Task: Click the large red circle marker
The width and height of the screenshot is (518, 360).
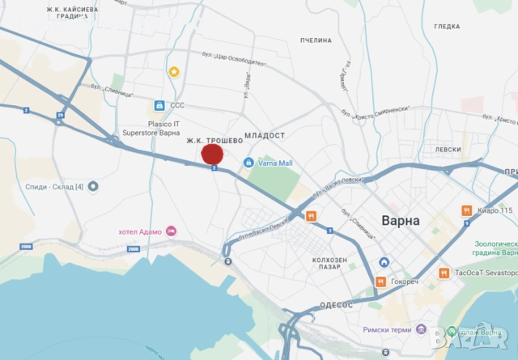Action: coord(212,155)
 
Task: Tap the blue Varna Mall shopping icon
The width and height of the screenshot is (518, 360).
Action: coord(249,163)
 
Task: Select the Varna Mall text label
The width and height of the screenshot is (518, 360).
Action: coord(275,163)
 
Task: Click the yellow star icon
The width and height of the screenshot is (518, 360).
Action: coord(173,71)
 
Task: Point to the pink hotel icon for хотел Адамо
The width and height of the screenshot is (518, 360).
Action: coord(172,231)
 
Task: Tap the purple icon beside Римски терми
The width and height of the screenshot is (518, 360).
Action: coord(421,329)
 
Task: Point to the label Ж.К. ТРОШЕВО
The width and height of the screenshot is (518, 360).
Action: coord(214,140)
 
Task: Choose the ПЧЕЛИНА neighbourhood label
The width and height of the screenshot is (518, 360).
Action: coord(316,40)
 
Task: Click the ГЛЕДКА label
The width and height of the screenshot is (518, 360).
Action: coord(447,27)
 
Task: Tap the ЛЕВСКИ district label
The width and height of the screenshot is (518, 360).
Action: coord(448,150)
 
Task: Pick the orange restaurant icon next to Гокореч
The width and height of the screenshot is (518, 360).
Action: coord(380,282)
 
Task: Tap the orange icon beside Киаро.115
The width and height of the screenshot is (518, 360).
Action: coord(466,210)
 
